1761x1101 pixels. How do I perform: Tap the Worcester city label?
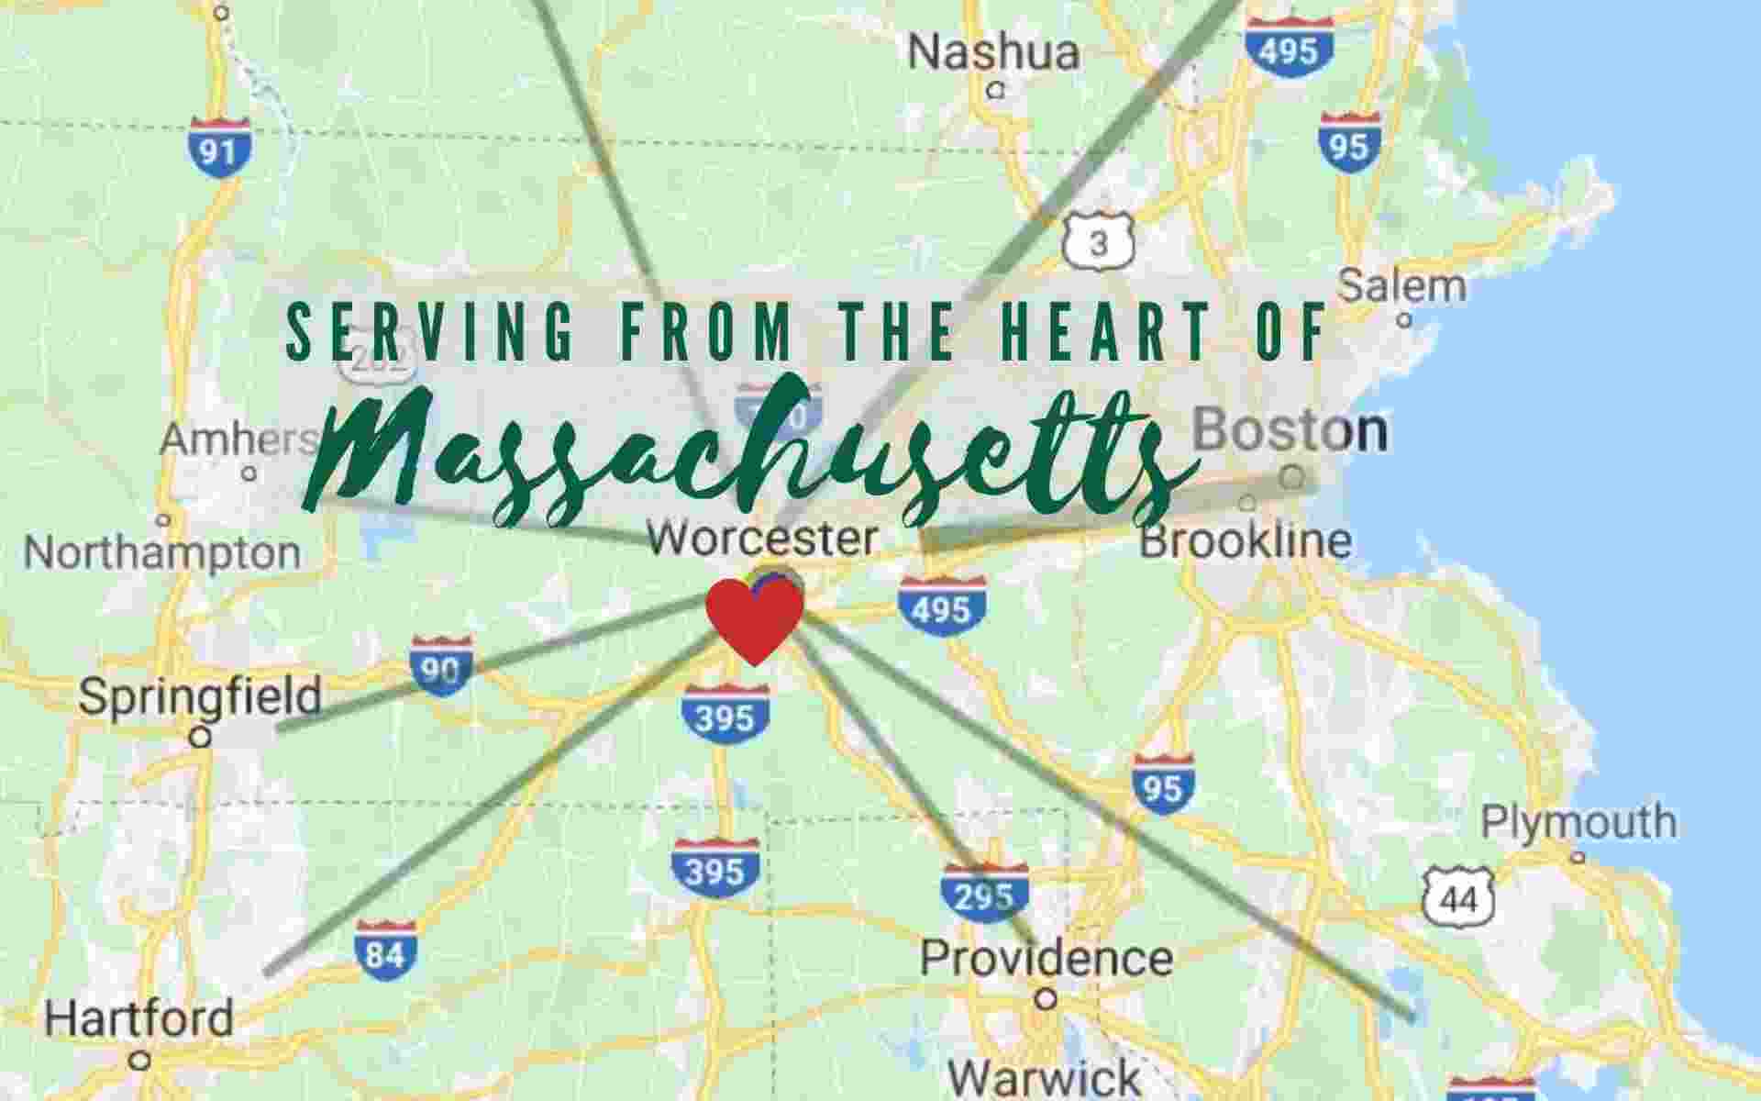point(762,538)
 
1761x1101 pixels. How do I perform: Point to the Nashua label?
point(993,52)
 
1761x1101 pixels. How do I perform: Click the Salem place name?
point(1402,286)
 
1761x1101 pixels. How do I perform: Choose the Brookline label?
point(1246,541)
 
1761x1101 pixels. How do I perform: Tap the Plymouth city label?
point(1578,822)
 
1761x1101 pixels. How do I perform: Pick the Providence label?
point(1047,958)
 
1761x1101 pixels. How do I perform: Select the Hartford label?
point(139,1019)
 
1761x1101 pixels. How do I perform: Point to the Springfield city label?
point(200,696)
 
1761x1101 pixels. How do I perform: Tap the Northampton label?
point(162,553)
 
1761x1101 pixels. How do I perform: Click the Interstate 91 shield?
point(220,147)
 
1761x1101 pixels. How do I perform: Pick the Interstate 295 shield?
point(984,895)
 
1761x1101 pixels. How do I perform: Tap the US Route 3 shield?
point(1099,241)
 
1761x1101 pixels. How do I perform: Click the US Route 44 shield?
point(1458,896)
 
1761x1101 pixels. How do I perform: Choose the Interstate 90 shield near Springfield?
point(441,667)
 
